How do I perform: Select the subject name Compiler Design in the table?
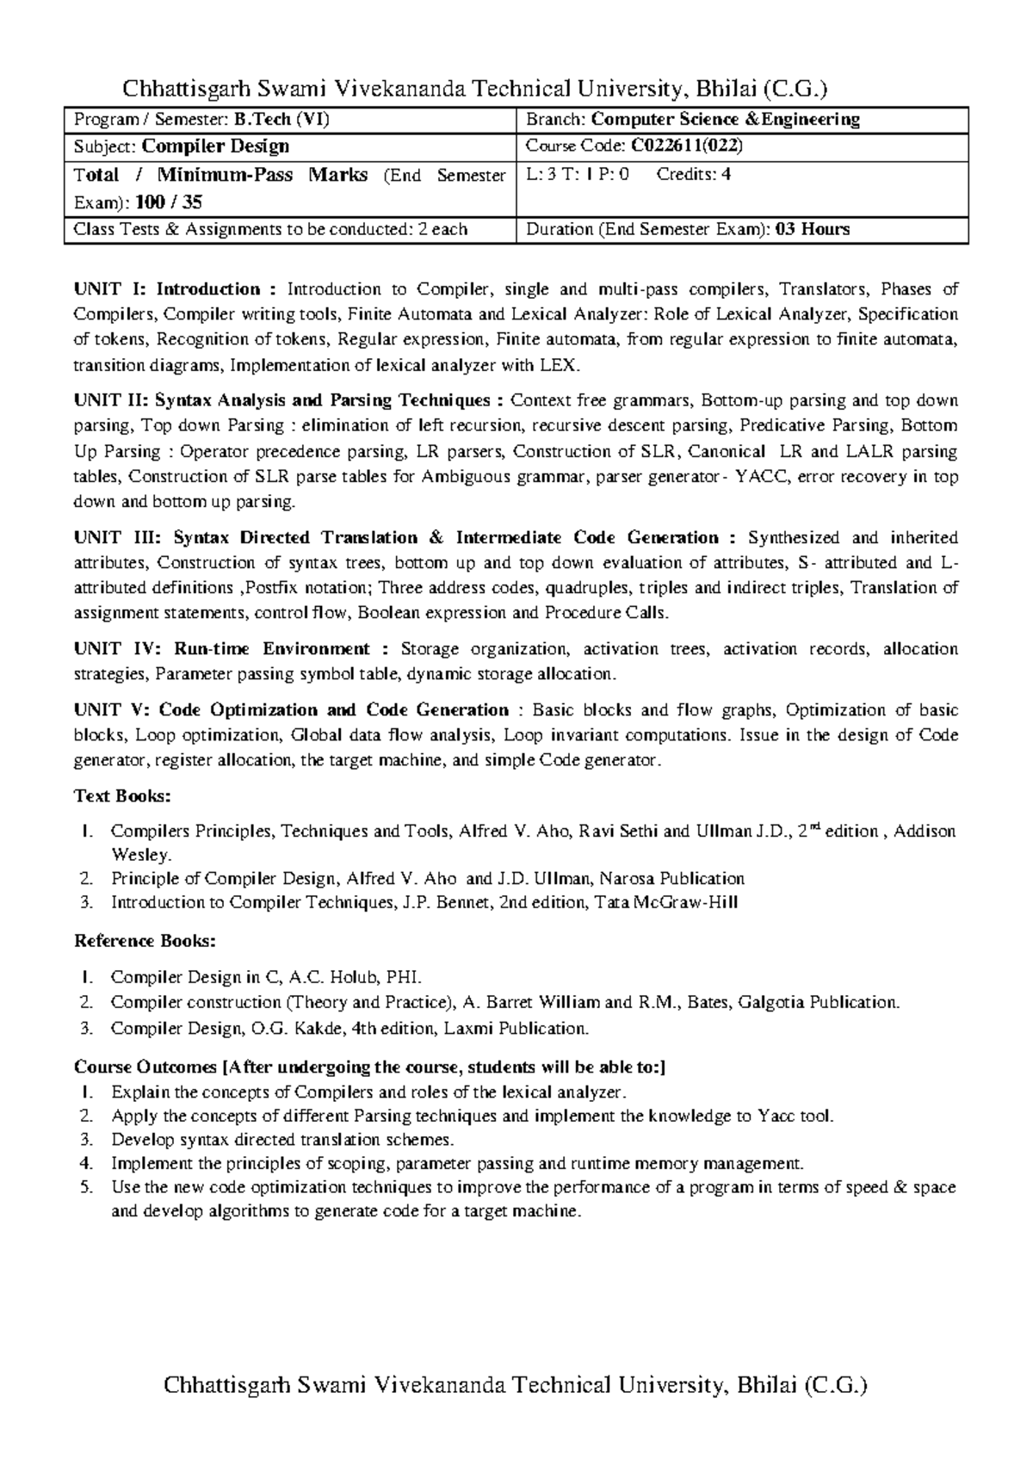pos(215,146)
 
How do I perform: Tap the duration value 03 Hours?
pos(813,229)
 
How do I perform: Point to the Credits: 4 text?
pos(694,175)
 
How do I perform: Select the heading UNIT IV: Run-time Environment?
pos(232,649)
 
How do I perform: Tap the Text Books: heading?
pos(123,796)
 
